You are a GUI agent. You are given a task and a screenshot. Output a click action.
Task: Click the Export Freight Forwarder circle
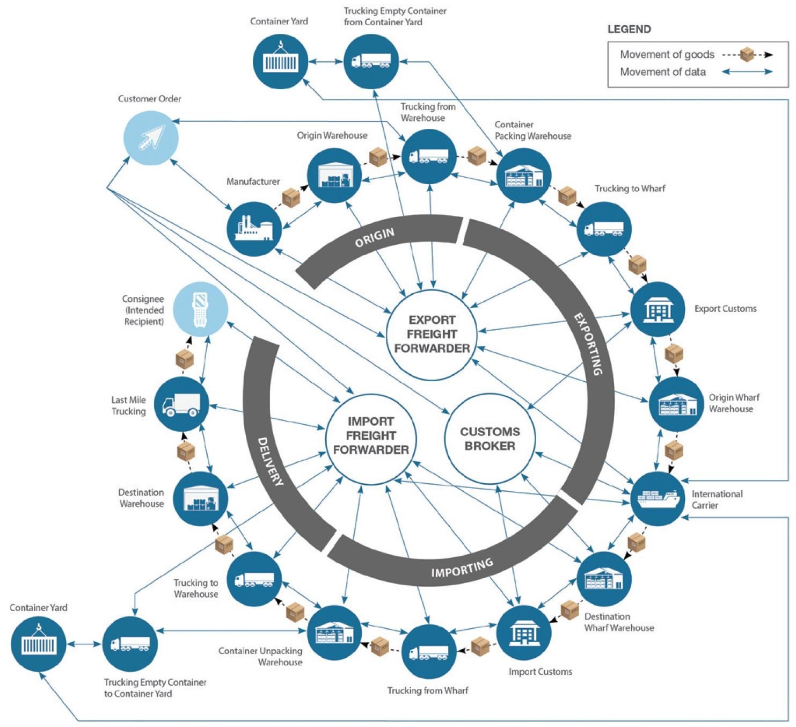tap(432, 334)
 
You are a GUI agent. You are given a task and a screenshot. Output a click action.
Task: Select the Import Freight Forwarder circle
tap(371, 435)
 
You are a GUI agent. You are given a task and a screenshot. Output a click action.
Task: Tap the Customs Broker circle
tap(490, 439)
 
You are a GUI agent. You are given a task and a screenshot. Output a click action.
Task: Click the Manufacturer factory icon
tap(253, 228)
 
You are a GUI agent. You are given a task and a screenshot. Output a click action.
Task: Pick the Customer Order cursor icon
tap(151, 137)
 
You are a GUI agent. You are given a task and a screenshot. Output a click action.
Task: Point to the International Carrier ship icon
tap(658, 498)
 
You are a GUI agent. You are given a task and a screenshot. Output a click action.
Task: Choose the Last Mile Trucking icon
tap(181, 404)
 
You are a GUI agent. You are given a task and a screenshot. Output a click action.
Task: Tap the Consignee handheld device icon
tap(201, 309)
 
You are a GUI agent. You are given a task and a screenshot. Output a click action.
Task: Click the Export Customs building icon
tap(657, 309)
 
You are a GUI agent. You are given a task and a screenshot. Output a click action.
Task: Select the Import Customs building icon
tap(523, 632)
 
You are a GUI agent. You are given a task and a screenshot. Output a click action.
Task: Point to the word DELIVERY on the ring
tap(270, 461)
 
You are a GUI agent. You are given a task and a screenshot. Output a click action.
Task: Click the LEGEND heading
tap(629, 30)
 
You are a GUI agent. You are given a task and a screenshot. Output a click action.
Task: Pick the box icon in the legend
tap(747, 54)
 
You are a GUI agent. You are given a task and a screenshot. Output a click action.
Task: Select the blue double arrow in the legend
tap(747, 71)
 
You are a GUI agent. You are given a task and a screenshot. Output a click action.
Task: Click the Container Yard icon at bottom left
tap(38, 644)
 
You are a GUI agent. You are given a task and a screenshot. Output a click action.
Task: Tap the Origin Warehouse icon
tap(334, 176)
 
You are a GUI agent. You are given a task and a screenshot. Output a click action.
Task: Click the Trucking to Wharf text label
tap(630, 188)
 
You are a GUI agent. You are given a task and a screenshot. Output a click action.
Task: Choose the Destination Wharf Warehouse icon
tap(608, 578)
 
